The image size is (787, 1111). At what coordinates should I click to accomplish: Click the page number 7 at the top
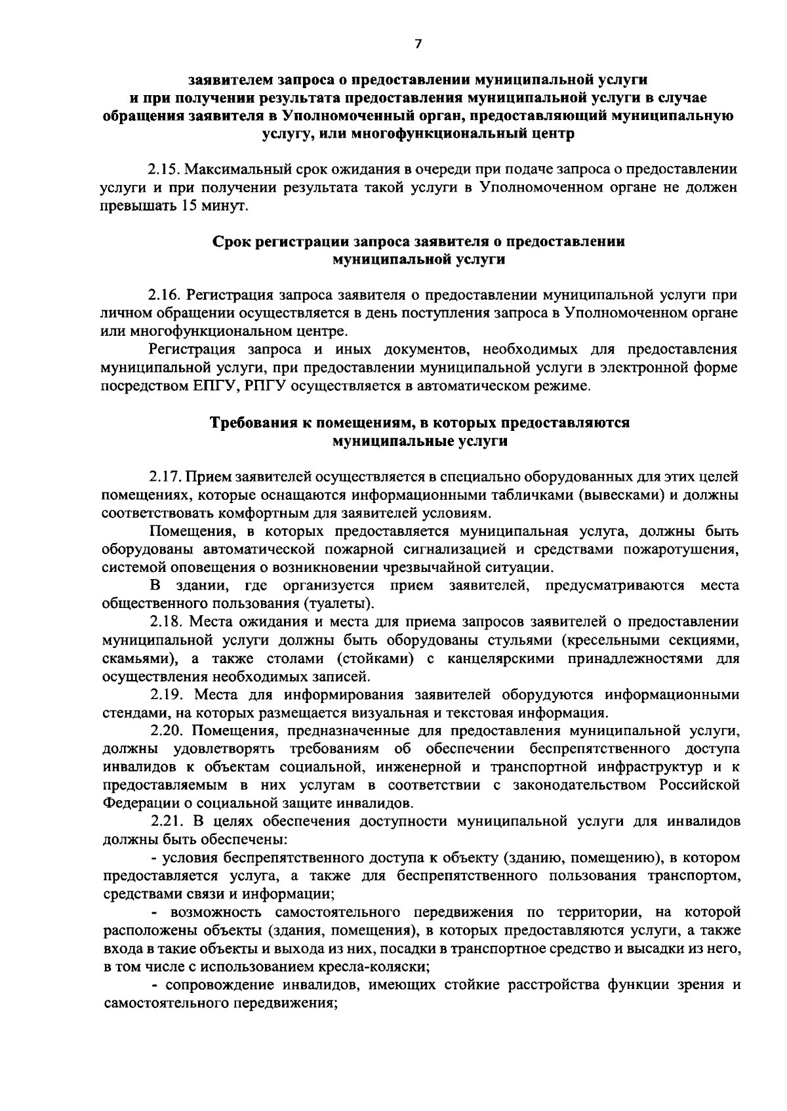418,44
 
